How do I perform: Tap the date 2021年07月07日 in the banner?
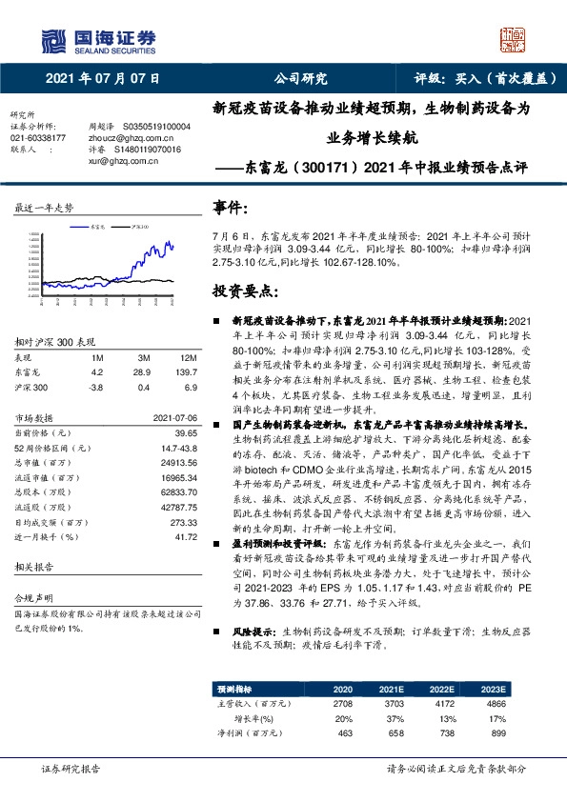(102, 79)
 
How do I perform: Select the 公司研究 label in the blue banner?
(300, 79)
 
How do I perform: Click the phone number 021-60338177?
(38, 138)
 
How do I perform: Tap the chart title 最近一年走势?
(43, 207)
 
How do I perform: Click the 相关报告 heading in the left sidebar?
(37, 567)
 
